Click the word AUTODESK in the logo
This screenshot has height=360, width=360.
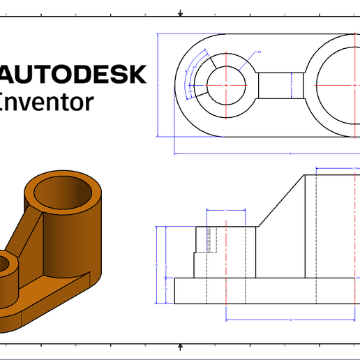[x=73, y=74]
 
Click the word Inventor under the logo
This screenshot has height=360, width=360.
[x=46, y=102]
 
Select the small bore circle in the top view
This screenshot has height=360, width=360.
[x=225, y=85]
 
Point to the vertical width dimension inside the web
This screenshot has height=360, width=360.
[x=291, y=85]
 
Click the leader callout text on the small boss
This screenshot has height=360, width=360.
[x=259, y=52]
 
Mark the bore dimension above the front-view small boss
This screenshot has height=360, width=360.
[x=227, y=210]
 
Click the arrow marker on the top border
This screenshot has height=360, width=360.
[x=181, y=13]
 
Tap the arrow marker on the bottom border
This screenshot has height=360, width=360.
[x=181, y=346]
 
